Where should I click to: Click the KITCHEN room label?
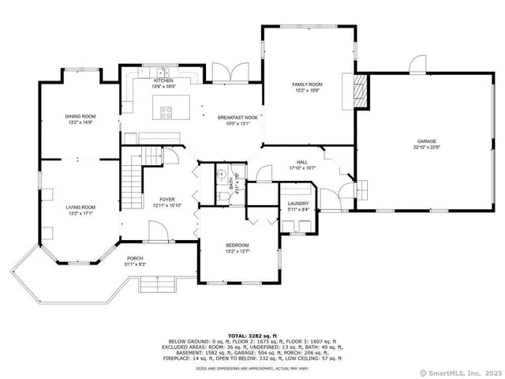pos(163,80)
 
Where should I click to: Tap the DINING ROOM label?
pos(80,116)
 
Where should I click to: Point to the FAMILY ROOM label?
pos(307,84)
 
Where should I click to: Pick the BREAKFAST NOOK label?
pos(238,117)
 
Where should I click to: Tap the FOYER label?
pos(167,199)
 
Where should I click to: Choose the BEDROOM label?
pos(238,246)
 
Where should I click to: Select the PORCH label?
pos(136,258)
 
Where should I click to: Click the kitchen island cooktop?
pos(167,111)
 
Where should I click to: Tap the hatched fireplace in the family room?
pos(360,92)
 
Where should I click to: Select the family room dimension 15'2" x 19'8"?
pos(307,90)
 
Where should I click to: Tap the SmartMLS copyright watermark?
pos(460,372)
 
